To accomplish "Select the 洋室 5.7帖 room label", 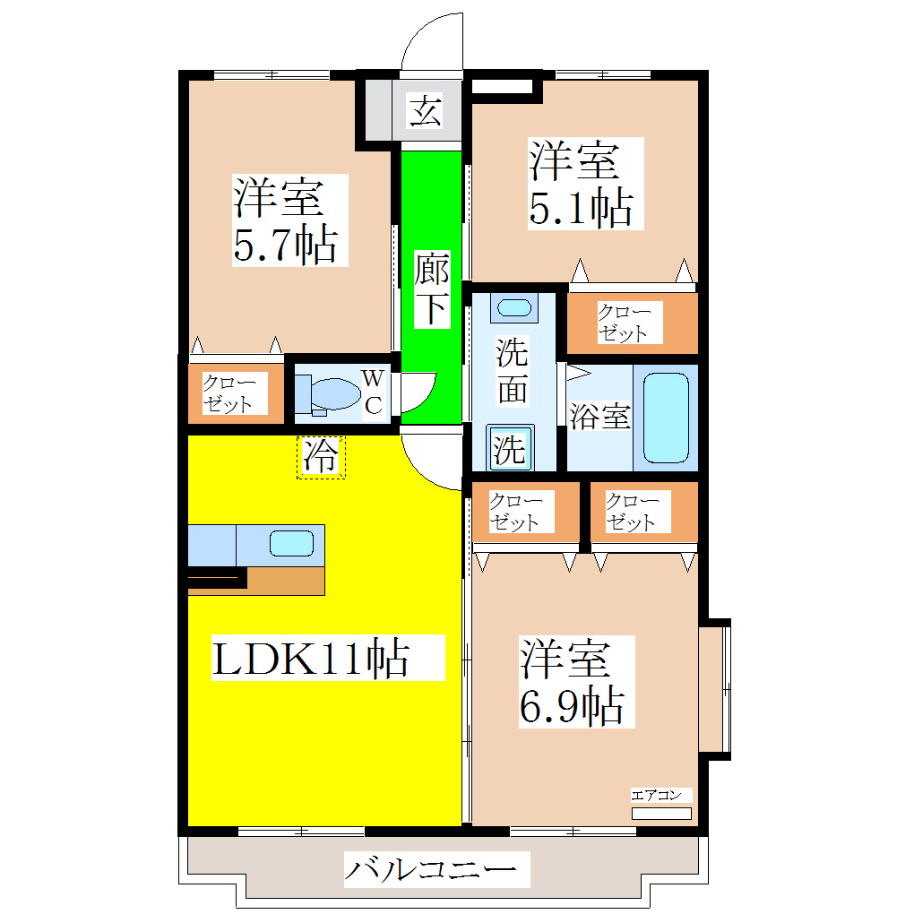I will [x=285, y=220].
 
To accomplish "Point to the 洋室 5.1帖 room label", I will [x=581, y=183].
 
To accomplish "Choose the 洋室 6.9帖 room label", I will [x=572, y=681].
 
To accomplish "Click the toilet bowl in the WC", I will [x=331, y=394].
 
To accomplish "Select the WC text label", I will [x=374, y=392].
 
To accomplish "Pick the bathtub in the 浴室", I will [x=666, y=418].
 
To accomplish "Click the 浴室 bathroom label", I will [x=599, y=417].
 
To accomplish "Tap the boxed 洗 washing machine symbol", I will [x=511, y=448].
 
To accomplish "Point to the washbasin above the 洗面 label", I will [x=513, y=308].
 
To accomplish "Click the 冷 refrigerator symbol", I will [x=321, y=457].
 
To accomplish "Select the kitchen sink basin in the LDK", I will [x=292, y=543].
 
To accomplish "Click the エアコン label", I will [x=662, y=795].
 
